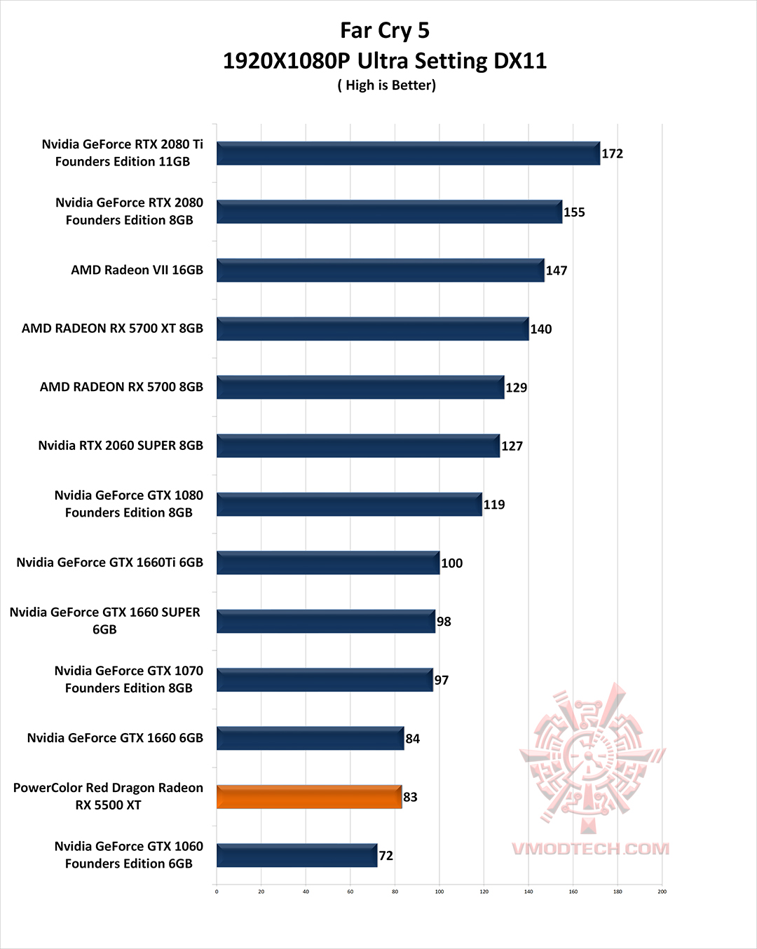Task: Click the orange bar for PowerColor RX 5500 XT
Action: (309, 797)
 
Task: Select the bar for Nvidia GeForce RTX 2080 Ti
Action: (408, 153)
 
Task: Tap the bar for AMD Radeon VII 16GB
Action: (380, 271)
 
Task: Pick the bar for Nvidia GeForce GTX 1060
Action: (296, 856)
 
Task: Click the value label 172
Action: (612, 153)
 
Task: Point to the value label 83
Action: (410, 797)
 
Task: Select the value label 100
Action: (451, 563)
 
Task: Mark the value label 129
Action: (516, 388)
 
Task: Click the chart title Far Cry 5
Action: (384, 31)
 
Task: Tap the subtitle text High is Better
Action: (386, 86)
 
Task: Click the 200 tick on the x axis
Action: (662, 892)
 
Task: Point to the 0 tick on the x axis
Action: (217, 892)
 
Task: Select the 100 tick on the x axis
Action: (439, 892)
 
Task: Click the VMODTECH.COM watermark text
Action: (590, 849)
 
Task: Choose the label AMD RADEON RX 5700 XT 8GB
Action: (112, 329)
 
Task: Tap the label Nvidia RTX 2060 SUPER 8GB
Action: (121, 446)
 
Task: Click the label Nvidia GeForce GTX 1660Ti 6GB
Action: (110, 563)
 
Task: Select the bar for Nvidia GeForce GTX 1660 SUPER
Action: (326, 622)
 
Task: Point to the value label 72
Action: (386, 856)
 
